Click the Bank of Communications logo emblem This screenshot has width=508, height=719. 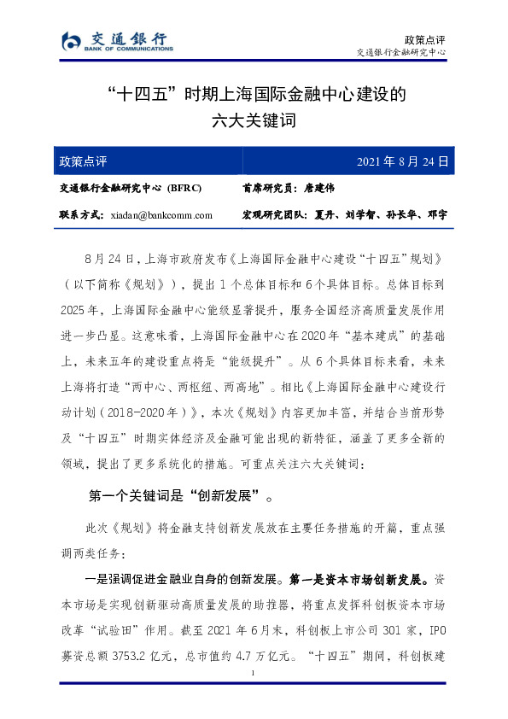tap(71, 40)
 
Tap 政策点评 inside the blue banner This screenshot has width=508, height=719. tap(83, 161)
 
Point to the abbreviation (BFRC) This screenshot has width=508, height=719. tap(184, 188)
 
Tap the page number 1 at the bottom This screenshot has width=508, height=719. tap(254, 675)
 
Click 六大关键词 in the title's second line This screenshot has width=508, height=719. tap(254, 120)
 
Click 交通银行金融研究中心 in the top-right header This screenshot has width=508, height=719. tap(400, 53)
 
